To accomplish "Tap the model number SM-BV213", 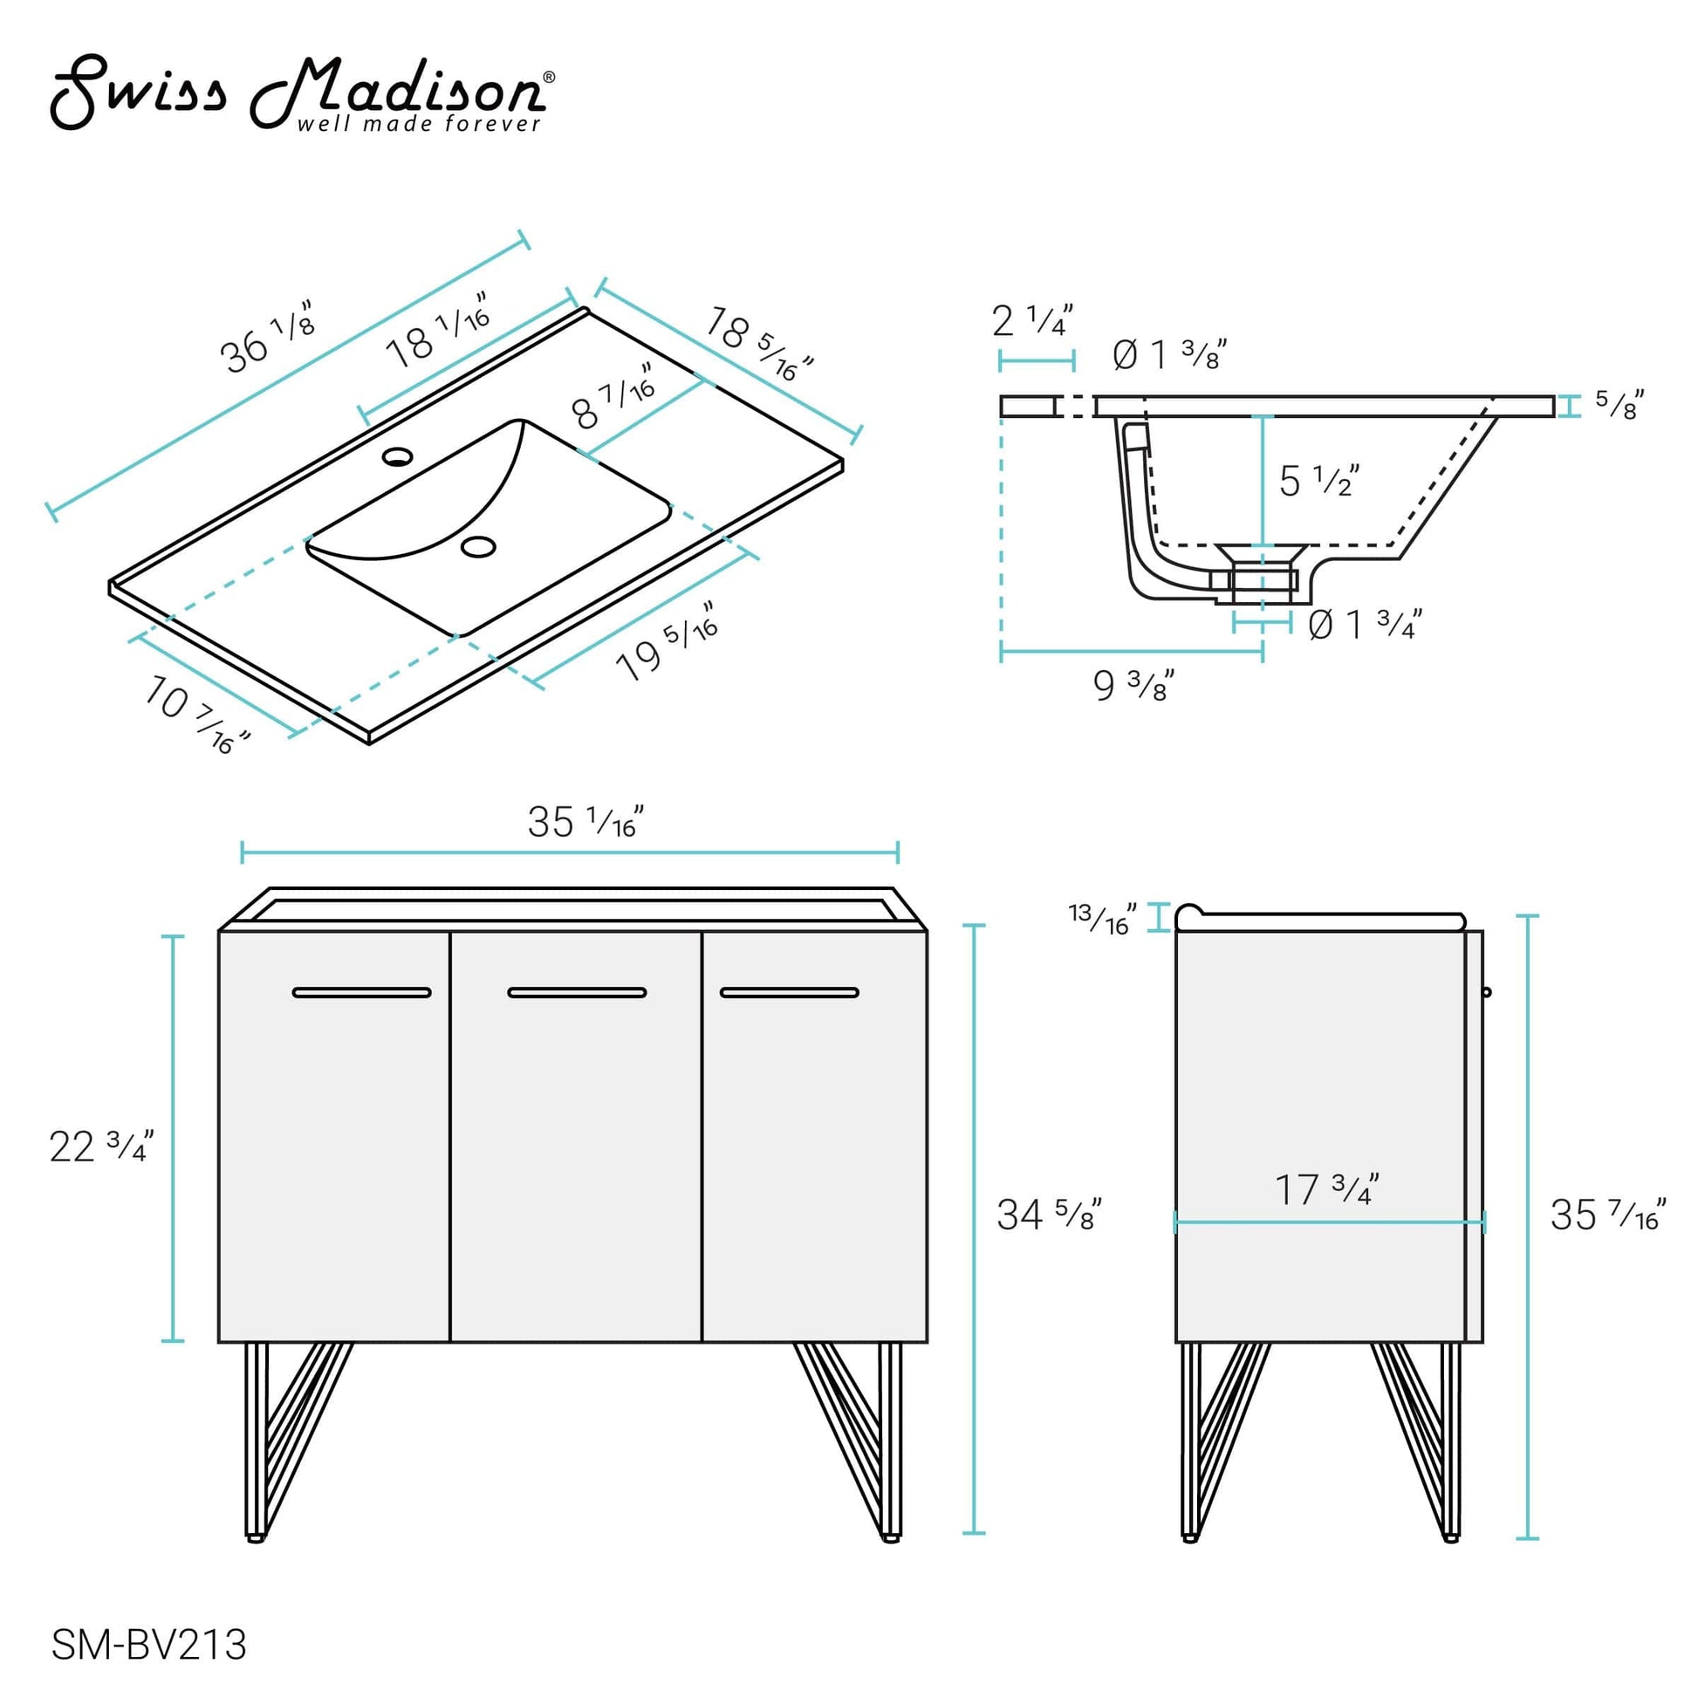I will click(148, 1645).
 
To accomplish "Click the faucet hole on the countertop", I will click(397, 456).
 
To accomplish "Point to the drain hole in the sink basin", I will click(478, 546).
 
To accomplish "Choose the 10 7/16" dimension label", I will click(197, 715).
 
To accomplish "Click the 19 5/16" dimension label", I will click(668, 640).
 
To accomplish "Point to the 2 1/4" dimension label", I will click(1033, 321).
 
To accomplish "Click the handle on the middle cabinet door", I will click(577, 992).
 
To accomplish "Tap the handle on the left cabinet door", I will click(361, 992).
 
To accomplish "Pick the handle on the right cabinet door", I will click(790, 992).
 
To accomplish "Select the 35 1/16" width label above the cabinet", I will click(585, 822).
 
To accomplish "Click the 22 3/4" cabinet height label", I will click(102, 1146).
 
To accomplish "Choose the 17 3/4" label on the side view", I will click(1326, 1189).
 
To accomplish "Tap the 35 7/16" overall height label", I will click(1607, 1215).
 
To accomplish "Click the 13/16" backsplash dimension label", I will click(1102, 919).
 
